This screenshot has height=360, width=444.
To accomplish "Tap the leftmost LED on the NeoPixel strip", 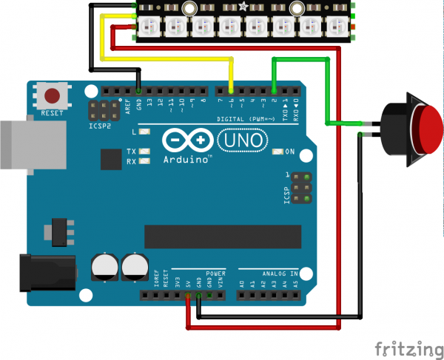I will click(x=147, y=26).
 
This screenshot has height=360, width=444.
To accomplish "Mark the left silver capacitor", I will click(x=104, y=268).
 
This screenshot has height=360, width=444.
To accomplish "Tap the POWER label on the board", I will click(x=215, y=273).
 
